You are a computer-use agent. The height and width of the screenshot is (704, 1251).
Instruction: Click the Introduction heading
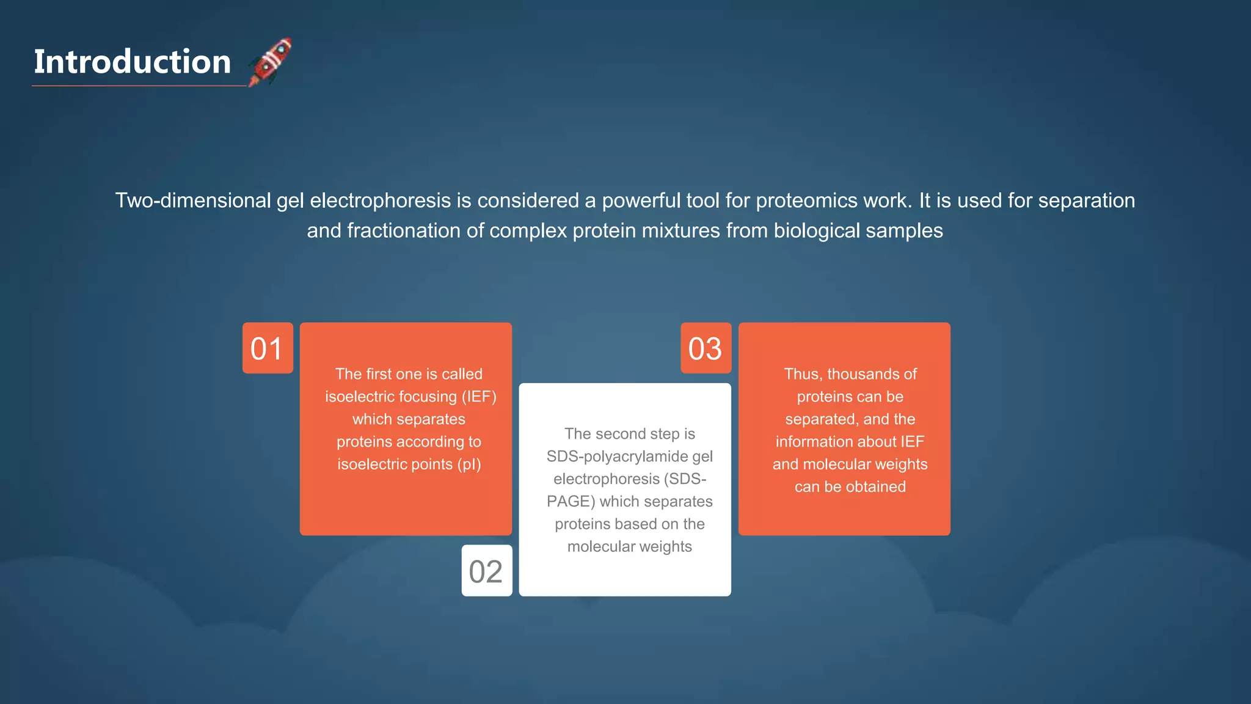point(132,62)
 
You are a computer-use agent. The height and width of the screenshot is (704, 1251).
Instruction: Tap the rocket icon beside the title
point(271,61)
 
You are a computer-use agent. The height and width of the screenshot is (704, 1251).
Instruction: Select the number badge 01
point(267,348)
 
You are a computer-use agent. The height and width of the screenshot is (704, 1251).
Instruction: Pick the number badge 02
point(486,571)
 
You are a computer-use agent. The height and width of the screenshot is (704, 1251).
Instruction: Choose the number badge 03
point(706,348)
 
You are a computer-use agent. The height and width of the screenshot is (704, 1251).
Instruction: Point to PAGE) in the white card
point(571,502)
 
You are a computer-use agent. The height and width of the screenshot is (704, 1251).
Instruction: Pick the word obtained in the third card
point(875,487)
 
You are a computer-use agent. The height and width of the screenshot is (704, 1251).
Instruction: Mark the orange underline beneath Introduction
point(139,86)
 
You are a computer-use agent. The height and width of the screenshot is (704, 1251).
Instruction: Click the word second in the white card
point(622,434)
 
